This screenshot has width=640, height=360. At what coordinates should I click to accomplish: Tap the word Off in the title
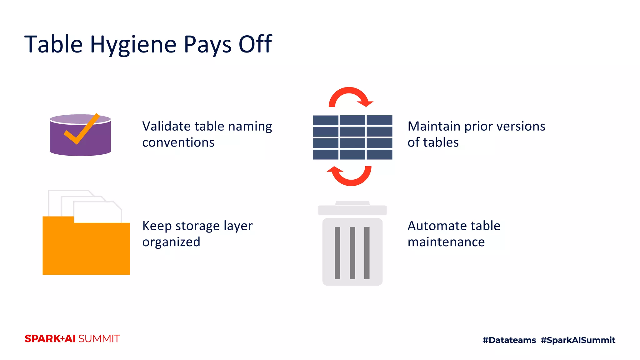pyautogui.click(x=255, y=44)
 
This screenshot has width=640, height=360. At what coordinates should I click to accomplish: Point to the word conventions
pyautogui.click(x=178, y=142)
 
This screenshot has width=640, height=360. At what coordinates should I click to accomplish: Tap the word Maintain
pyautogui.click(x=434, y=126)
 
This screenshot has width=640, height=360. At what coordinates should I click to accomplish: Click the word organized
pyautogui.click(x=171, y=242)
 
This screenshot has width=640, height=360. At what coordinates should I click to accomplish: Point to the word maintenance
pyautogui.click(x=446, y=242)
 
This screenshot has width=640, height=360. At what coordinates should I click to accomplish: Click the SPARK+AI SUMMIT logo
pyautogui.click(x=72, y=339)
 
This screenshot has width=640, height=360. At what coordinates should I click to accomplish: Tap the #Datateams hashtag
pyautogui.click(x=509, y=340)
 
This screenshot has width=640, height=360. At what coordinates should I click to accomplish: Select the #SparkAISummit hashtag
pyautogui.click(x=578, y=340)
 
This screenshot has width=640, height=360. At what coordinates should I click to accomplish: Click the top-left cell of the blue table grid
pyautogui.click(x=325, y=120)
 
